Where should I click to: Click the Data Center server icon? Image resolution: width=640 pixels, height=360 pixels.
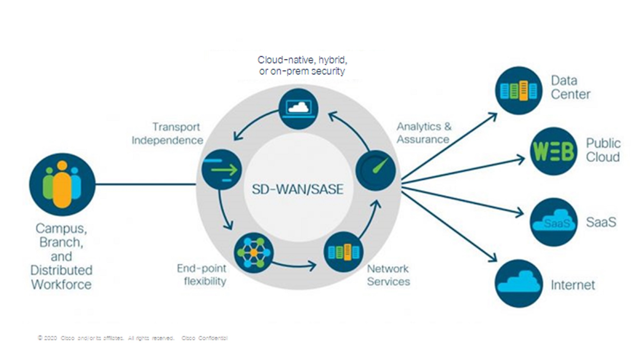pos(519,91)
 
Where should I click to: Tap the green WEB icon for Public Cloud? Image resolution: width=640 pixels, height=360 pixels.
pos(554,151)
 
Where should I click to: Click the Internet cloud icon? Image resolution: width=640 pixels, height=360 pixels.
pos(519,284)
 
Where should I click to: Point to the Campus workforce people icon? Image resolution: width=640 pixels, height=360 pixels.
pos(62,184)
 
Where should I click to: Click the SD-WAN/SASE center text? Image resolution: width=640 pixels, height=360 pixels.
pos(298,189)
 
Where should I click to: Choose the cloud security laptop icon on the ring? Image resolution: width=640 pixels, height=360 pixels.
pos(299,109)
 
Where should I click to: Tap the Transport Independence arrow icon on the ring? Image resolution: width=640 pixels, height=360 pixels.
pos(222,169)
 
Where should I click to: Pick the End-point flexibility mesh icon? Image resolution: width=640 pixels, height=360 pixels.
pos(254,252)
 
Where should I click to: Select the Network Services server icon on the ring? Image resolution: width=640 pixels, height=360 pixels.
pos(343,252)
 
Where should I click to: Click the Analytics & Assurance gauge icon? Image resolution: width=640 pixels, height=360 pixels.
pos(376,170)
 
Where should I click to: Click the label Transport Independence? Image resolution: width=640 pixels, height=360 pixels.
pos(167,133)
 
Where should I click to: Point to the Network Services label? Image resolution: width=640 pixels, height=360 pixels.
pos(388,275)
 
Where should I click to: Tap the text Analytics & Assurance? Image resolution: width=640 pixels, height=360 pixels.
pos(424,133)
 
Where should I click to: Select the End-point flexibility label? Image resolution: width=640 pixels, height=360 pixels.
pos(202,275)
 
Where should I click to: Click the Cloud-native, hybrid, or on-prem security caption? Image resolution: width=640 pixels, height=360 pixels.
pos(302,65)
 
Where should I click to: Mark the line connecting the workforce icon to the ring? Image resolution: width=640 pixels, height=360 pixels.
pos(146,184)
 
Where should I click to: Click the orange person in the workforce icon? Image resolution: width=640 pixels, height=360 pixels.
pos(62,189)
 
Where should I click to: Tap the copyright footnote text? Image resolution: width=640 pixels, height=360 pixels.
pos(132,338)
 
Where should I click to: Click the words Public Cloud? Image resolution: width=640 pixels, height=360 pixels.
pos(603,150)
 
